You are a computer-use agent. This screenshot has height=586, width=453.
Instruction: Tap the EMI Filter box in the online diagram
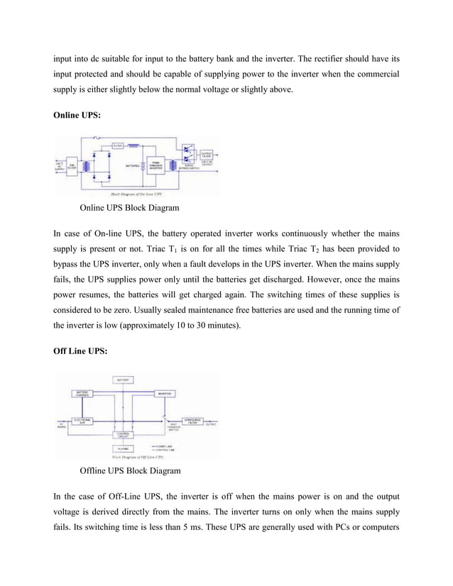click(71, 167)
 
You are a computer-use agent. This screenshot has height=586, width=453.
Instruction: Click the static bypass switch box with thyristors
click(187, 158)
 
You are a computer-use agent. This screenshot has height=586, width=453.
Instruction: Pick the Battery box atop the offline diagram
click(123, 380)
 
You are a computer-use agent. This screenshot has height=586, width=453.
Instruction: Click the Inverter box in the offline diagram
click(165, 394)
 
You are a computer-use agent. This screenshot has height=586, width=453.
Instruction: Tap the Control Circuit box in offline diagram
click(123, 434)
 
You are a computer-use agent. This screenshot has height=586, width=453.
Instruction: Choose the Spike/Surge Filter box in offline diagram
click(192, 421)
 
